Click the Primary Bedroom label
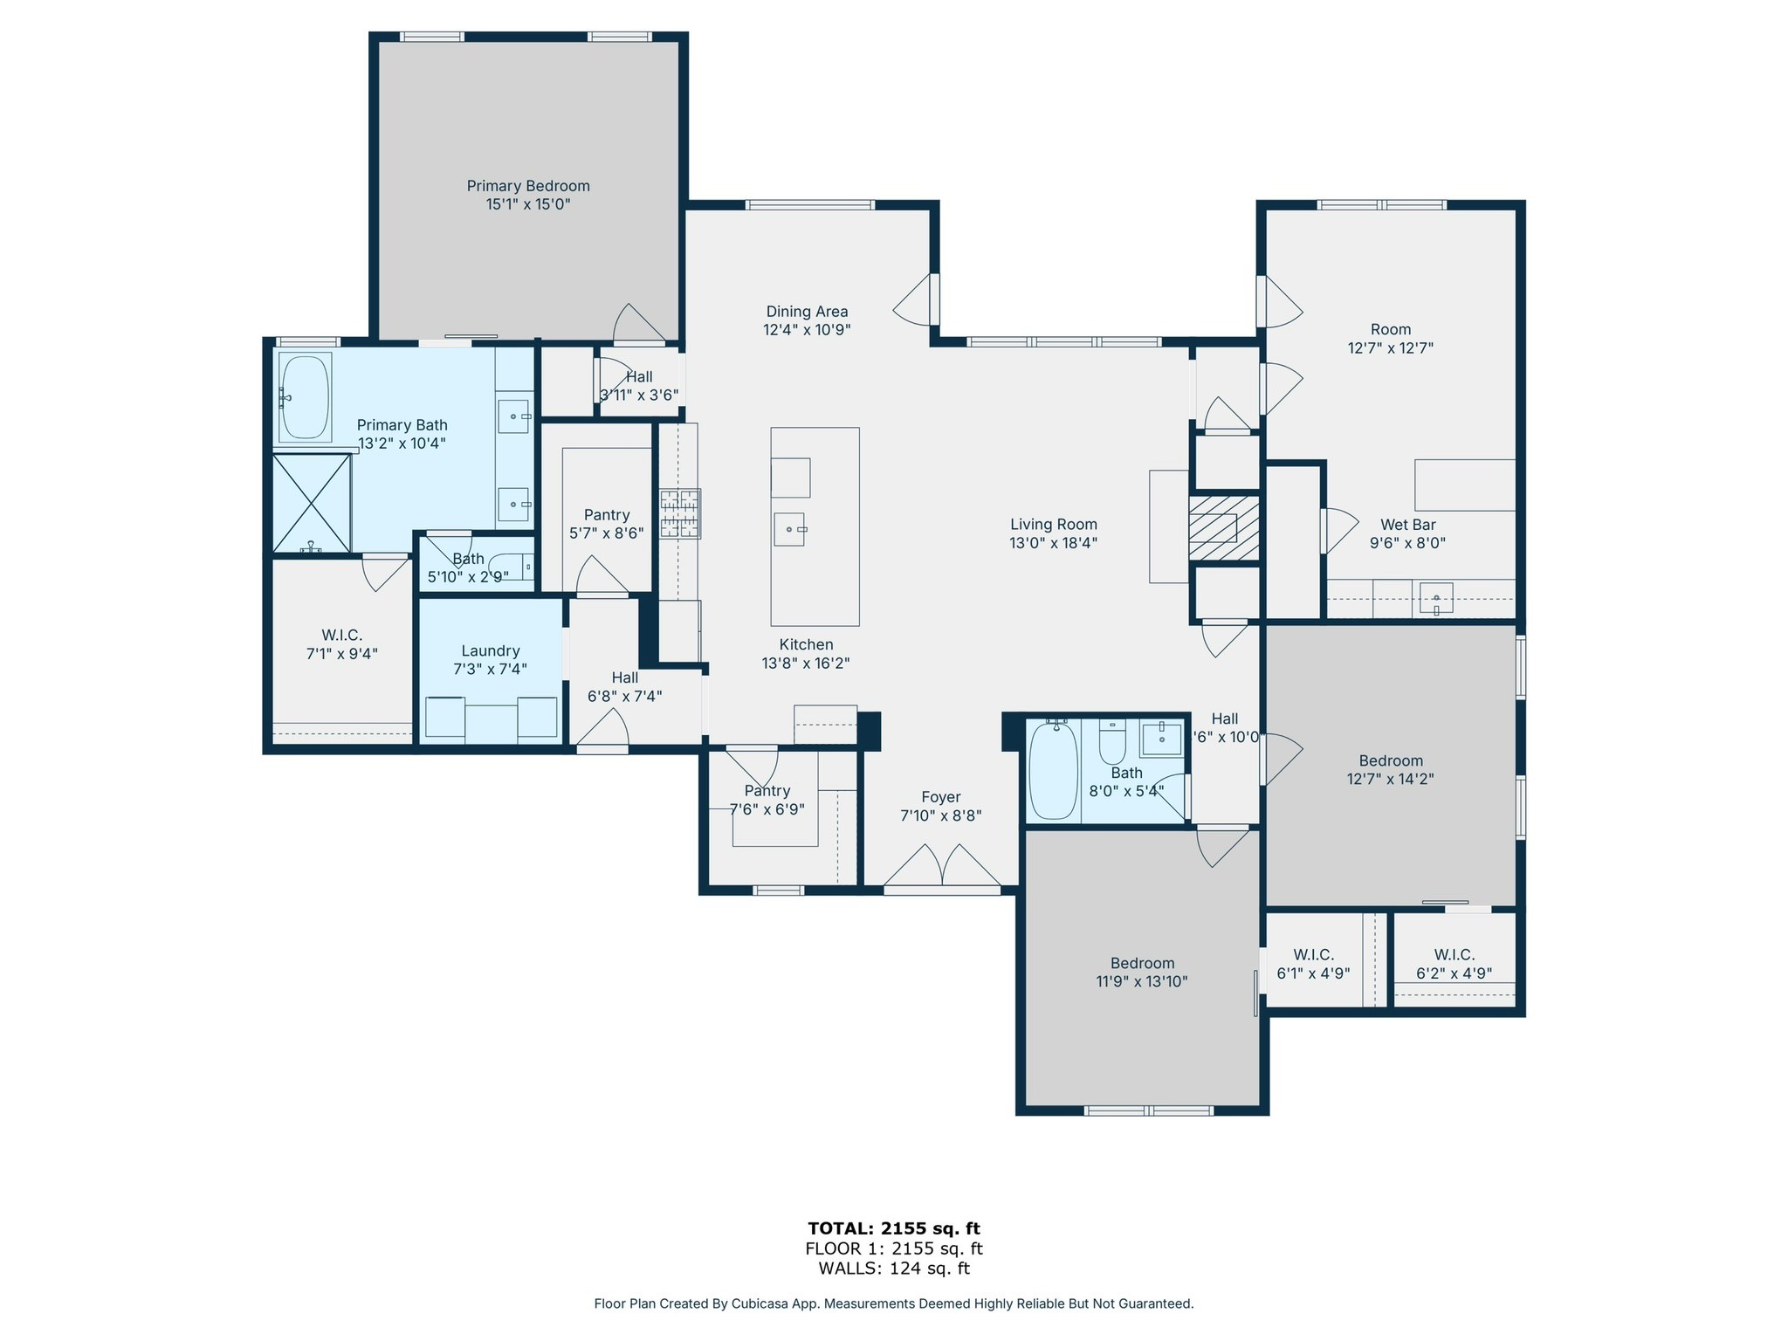tap(528, 186)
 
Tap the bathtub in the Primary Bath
tap(305, 397)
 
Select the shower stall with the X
tap(312, 503)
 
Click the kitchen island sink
tap(789, 529)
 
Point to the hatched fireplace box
tap(1224, 528)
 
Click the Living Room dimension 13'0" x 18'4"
tap(1053, 542)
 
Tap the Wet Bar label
tap(1407, 525)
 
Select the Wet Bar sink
tap(1436, 600)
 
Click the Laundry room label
tap(491, 650)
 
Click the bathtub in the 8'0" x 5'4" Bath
tap(1054, 770)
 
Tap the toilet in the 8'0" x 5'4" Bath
tap(1112, 742)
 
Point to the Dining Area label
tap(807, 312)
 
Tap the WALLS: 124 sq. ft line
tap(894, 1269)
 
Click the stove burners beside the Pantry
tap(680, 513)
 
